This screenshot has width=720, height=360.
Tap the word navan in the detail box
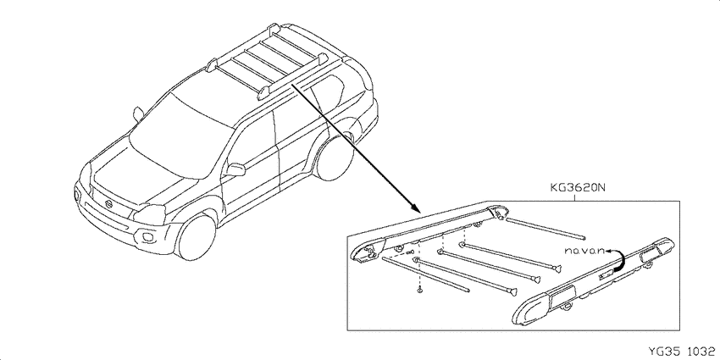coord(584,252)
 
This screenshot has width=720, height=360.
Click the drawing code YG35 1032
coord(681,352)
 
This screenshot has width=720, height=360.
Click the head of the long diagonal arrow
coord(416,208)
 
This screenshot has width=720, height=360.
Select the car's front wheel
coord(197,237)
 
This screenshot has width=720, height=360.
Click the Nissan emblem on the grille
coord(108,203)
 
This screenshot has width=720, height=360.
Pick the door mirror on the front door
coord(235,169)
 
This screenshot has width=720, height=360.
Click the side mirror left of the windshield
coord(138,113)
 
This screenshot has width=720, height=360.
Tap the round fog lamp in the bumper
coord(149,237)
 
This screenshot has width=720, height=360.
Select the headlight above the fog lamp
coord(149,214)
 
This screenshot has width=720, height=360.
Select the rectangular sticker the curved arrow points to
coord(605,275)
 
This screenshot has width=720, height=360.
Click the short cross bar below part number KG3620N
coord(545,229)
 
